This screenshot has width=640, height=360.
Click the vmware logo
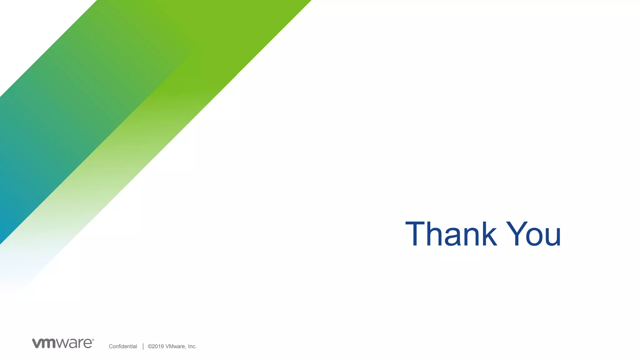63,343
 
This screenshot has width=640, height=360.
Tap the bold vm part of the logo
44,343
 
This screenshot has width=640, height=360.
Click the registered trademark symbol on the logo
93,340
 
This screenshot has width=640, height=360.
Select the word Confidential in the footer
123,346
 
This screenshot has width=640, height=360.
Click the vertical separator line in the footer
143,346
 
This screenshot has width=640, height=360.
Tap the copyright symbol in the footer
150,346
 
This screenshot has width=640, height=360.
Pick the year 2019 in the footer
158,346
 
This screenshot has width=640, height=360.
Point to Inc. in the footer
192,346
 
